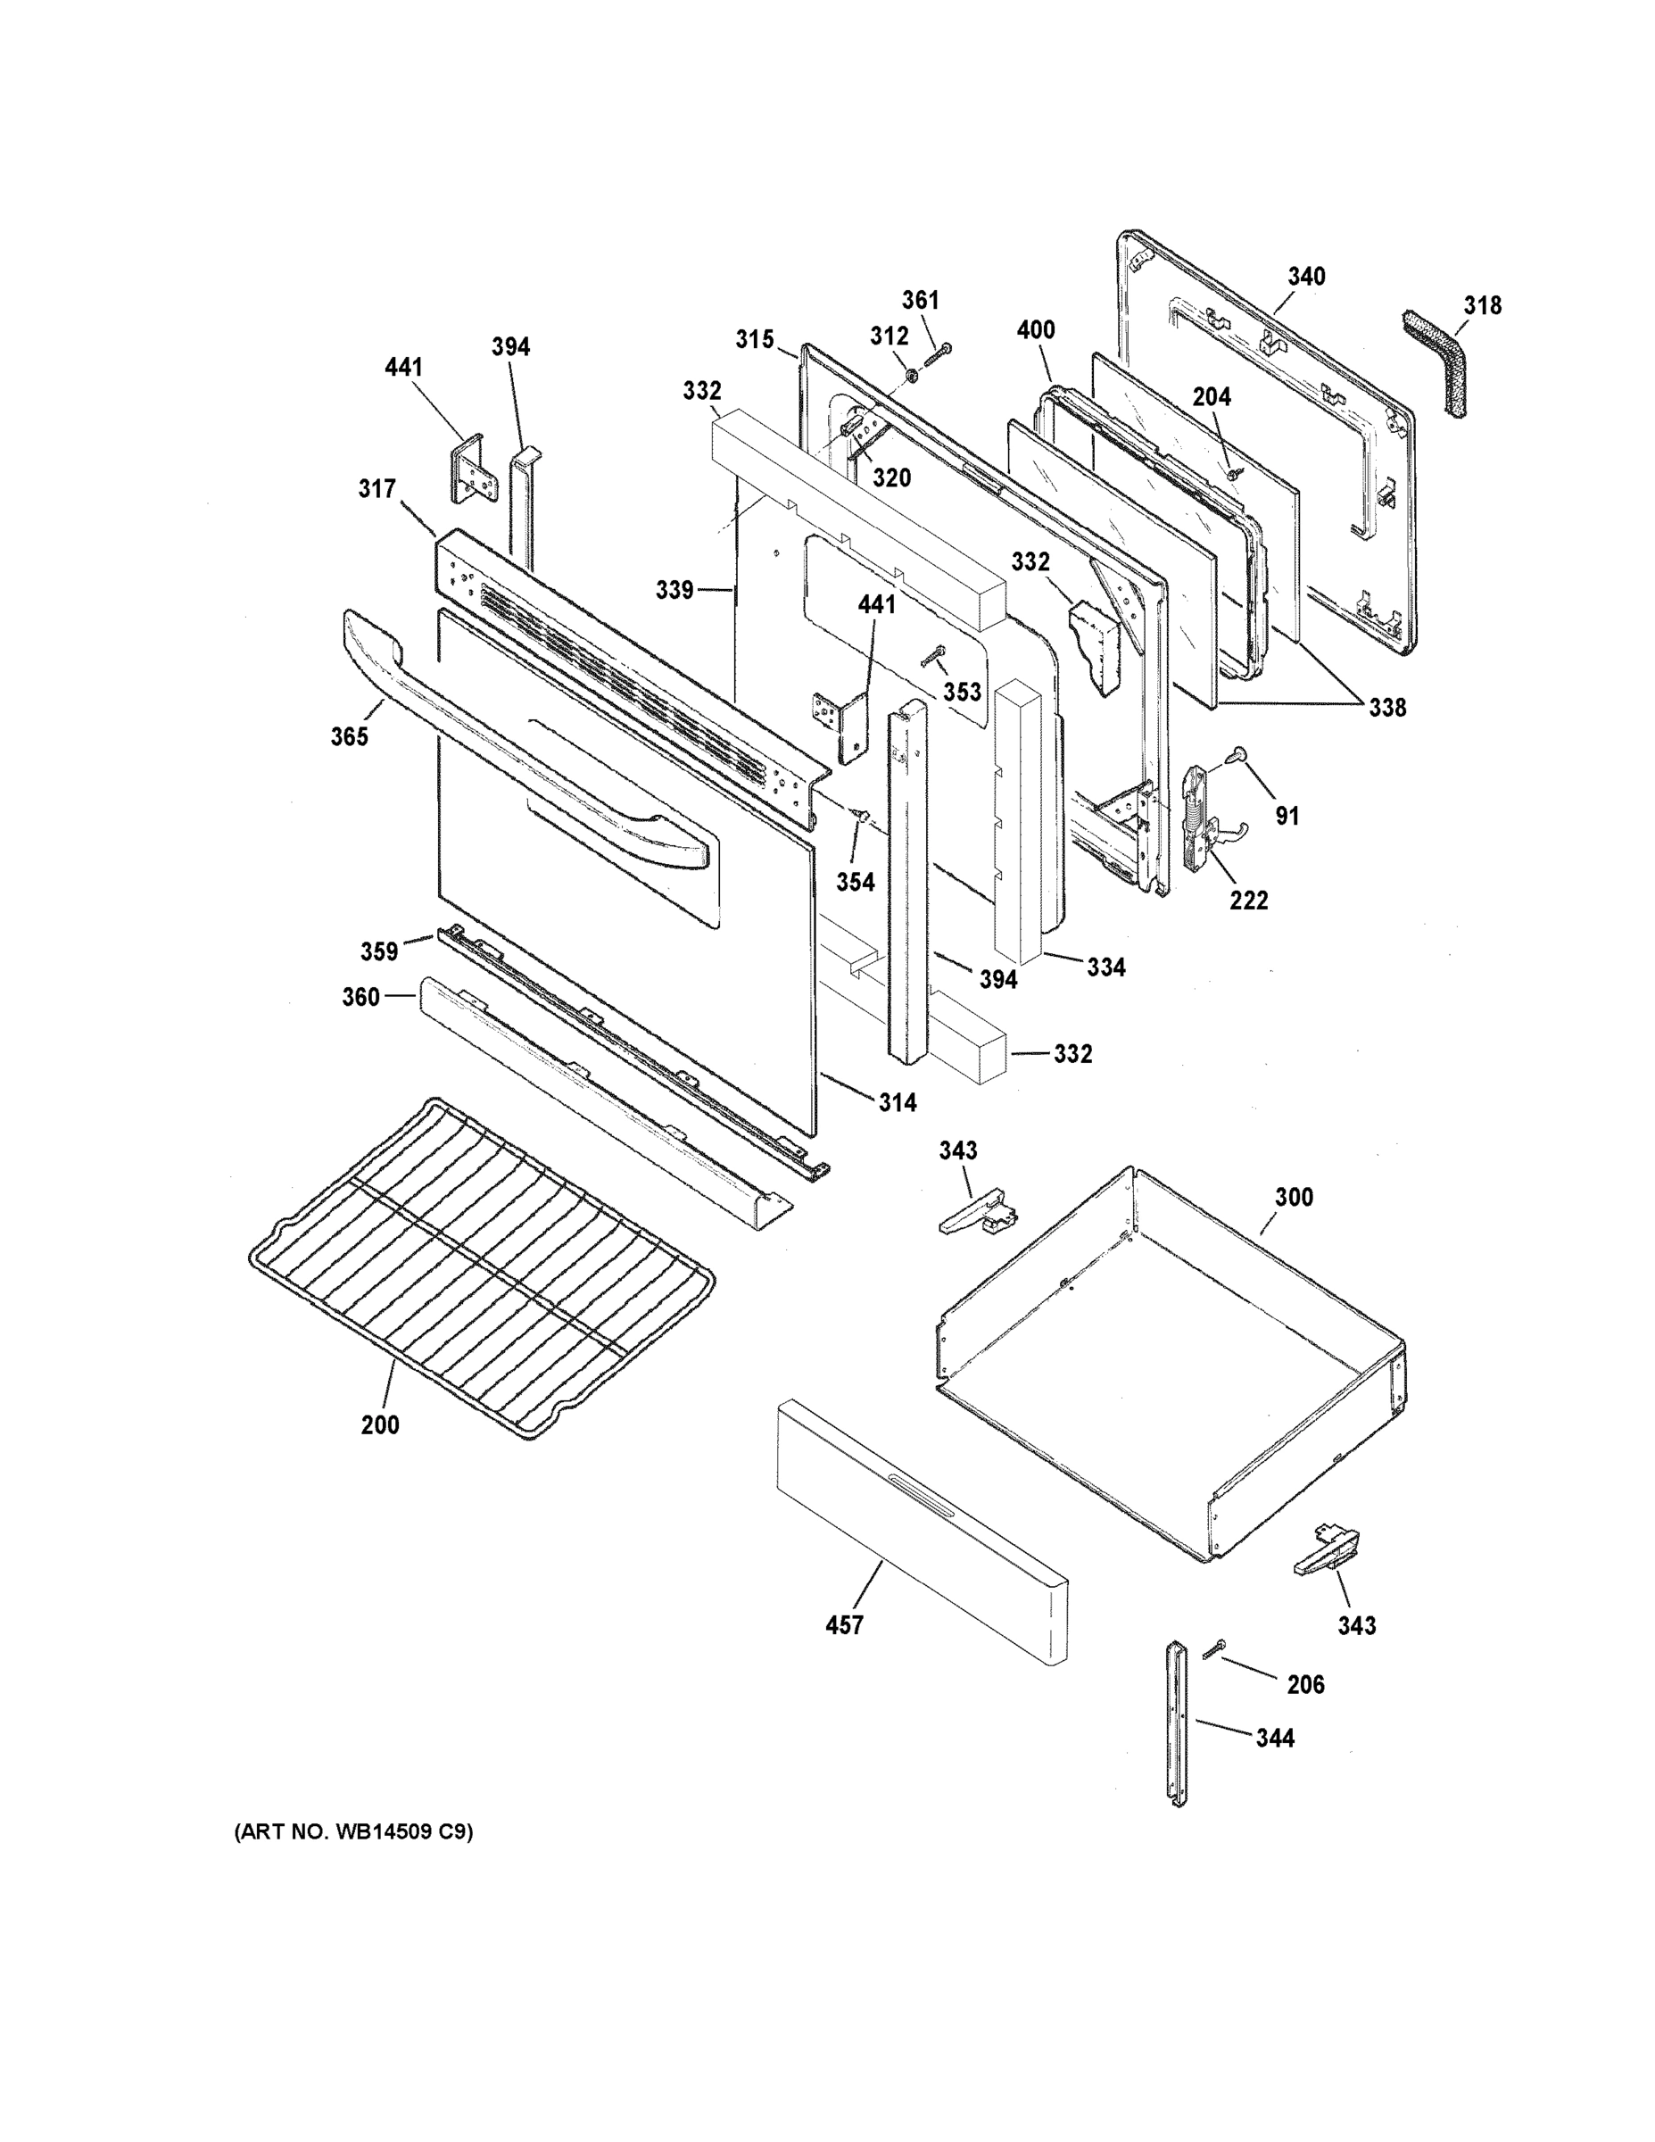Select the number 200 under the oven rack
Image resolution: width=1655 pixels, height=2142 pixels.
[379, 1425]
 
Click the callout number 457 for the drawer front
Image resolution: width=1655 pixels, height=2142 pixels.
[844, 1625]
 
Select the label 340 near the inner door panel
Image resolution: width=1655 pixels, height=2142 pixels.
[1306, 277]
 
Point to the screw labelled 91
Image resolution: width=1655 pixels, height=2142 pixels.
[1239, 753]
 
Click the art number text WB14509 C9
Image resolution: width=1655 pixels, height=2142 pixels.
[353, 1832]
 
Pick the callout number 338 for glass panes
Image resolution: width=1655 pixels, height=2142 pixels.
[1386, 707]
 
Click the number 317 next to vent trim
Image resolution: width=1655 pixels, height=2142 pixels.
[377, 488]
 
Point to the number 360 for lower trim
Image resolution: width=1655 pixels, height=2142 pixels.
[360, 998]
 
